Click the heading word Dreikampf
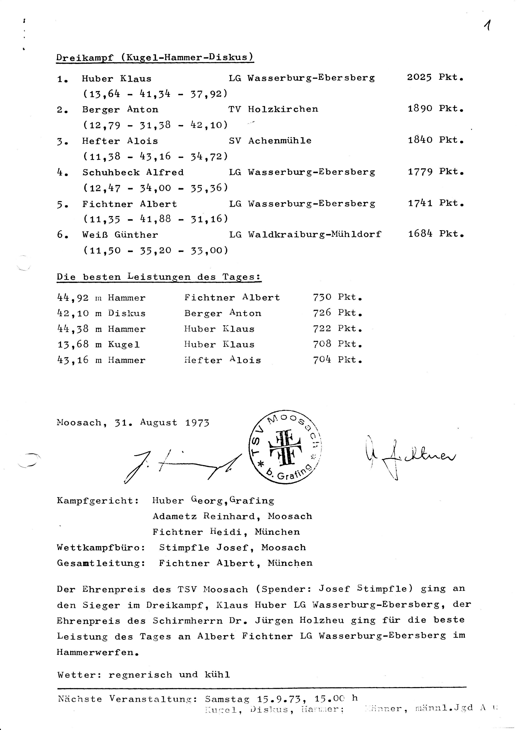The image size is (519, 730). pos(85,58)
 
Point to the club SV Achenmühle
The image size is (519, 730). pos(270,141)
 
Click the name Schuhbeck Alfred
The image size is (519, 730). pos(133,172)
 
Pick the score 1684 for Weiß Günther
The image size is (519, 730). pos(420,234)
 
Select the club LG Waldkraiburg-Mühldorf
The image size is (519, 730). pos(305,235)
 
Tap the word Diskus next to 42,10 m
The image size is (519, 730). pos(127,314)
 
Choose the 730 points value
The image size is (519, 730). pos(322,297)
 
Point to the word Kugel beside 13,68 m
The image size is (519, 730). pos(124,345)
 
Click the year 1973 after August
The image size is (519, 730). pos(197,423)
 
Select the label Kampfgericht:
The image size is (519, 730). pos(98,501)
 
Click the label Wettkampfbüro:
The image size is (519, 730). pos(101,548)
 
